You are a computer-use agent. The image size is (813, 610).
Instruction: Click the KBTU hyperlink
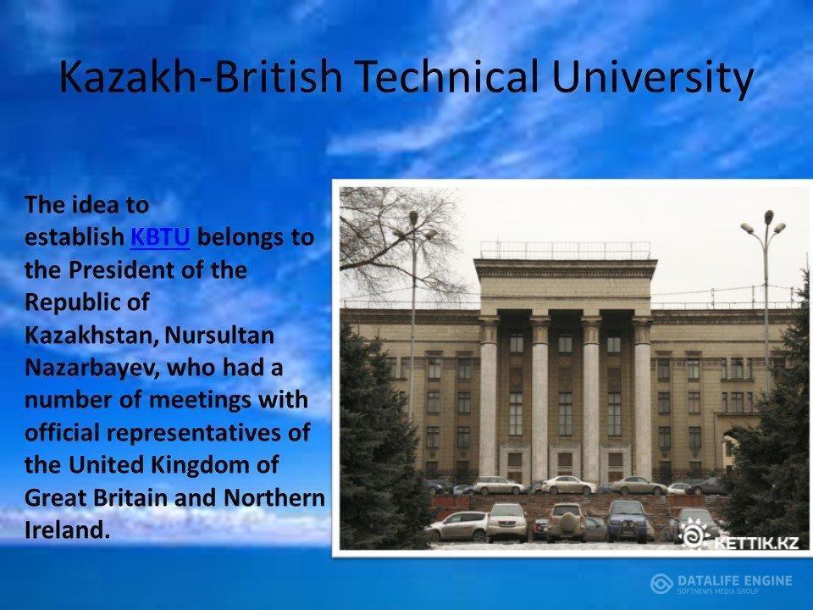pos(160,237)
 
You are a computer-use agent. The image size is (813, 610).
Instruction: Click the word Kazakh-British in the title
pos(201,76)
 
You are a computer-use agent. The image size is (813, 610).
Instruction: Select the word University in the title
pos(652,77)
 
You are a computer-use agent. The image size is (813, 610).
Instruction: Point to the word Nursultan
pos(219,335)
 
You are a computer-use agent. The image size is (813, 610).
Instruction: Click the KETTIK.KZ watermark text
pos(756,543)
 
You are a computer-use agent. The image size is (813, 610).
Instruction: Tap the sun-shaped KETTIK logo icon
pos(694,535)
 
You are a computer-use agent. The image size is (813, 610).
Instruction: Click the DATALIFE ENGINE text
pos(735,580)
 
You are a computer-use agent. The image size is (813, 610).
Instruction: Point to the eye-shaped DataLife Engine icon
pos(662,584)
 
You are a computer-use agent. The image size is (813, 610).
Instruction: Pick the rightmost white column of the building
pos(642,398)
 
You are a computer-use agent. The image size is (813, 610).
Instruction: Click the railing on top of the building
pos(565,251)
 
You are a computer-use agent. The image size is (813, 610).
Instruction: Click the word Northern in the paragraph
pos(274,497)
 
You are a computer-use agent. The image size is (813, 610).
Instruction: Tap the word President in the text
pos(121,270)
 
